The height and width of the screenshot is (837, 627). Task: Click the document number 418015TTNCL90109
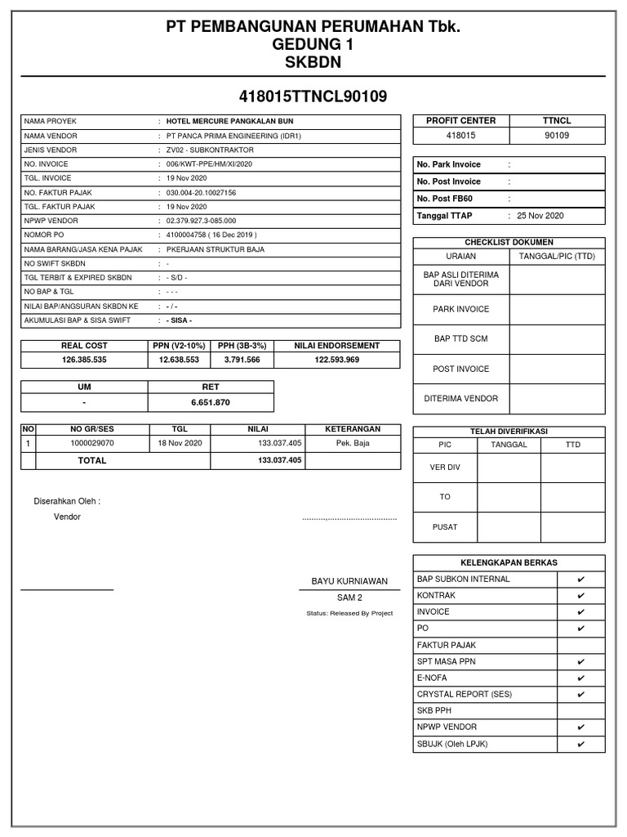(313, 96)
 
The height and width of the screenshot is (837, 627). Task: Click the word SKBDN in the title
(313, 62)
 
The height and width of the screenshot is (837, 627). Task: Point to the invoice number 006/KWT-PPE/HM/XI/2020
(209, 164)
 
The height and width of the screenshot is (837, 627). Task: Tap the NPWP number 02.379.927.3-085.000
(201, 221)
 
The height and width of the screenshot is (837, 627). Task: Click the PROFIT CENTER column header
(460, 120)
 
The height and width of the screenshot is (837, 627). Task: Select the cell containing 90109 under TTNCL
(557, 136)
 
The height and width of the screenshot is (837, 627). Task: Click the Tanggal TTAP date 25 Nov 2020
(540, 216)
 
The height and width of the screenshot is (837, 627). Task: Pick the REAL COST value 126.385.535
(84, 360)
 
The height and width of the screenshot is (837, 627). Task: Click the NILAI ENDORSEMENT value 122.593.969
(336, 360)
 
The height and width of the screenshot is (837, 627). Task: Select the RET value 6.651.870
(210, 402)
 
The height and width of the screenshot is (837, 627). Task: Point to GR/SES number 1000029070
(92, 443)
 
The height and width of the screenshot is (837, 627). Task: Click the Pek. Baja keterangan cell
(353, 443)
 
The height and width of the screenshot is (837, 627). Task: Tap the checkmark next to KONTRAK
(580, 596)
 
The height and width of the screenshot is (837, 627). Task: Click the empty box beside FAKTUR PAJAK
(580, 645)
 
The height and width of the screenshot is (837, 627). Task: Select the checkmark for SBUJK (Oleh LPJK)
(580, 744)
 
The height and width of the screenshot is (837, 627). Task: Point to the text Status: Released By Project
(349, 613)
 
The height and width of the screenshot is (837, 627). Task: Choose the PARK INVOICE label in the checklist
(461, 309)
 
